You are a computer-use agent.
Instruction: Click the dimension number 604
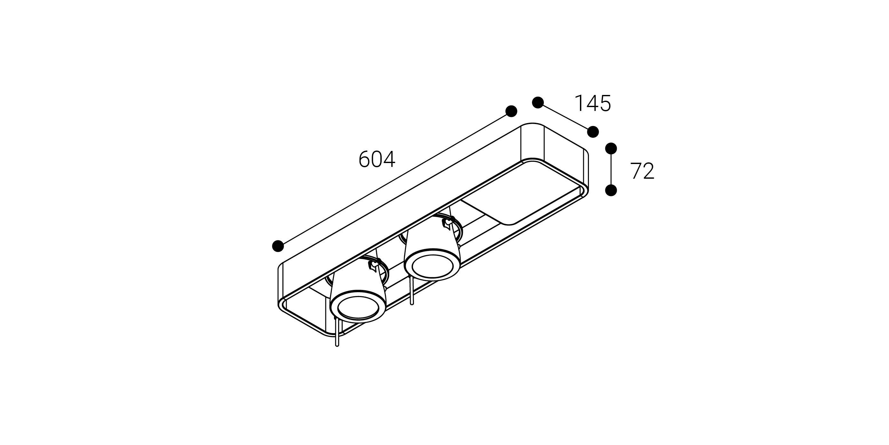pyautogui.click(x=377, y=160)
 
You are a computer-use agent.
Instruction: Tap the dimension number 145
pyautogui.click(x=592, y=103)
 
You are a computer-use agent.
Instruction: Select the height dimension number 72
pyautogui.click(x=642, y=171)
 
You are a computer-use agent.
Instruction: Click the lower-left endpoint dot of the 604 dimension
pyautogui.click(x=278, y=246)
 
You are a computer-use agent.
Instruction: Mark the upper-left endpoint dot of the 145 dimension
pyautogui.click(x=538, y=102)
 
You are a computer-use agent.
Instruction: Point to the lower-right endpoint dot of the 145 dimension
pyautogui.click(x=592, y=131)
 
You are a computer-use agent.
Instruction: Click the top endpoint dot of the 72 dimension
pyautogui.click(x=611, y=148)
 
